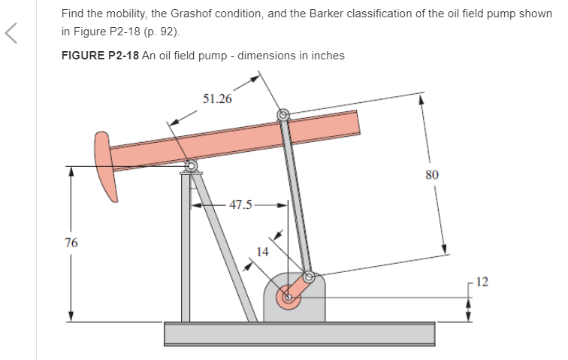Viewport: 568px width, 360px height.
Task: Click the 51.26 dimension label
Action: coord(217,98)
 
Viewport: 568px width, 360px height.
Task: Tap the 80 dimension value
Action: coord(432,175)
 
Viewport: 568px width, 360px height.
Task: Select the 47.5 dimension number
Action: coord(240,204)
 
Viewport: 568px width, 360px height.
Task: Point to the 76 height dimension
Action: coord(71,243)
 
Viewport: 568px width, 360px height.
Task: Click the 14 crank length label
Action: coord(262,252)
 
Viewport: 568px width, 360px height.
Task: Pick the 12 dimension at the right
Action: coord(482,282)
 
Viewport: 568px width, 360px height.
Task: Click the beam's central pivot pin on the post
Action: coord(191,166)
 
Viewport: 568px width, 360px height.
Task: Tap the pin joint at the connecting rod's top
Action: coord(283,115)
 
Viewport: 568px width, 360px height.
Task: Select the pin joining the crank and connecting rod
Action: coord(309,277)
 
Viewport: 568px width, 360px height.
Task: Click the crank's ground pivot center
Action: coord(289,298)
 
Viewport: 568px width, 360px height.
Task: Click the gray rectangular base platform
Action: coord(300,334)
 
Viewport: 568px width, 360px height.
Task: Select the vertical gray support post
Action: coord(186,247)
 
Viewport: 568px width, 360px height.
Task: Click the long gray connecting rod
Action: coord(296,196)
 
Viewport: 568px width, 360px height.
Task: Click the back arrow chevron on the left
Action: coord(11,33)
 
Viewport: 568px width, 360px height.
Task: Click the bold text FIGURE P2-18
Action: coord(100,56)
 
